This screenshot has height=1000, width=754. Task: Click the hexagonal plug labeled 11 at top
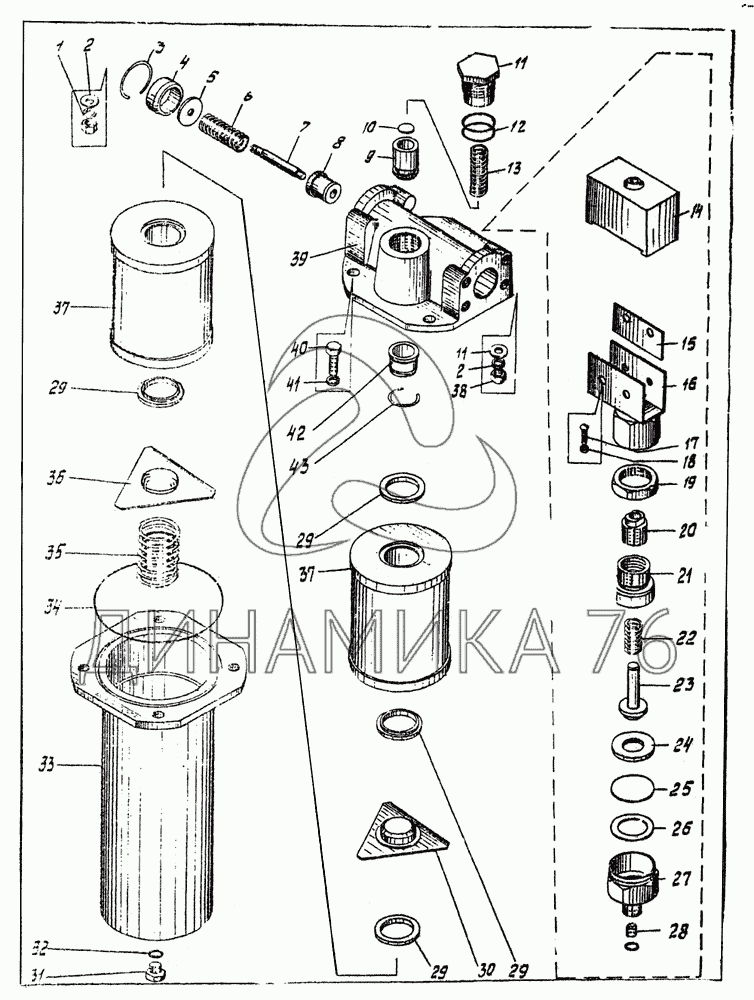(x=477, y=76)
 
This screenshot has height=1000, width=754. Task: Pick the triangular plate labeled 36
(x=163, y=483)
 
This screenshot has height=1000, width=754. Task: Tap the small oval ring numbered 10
(x=403, y=128)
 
